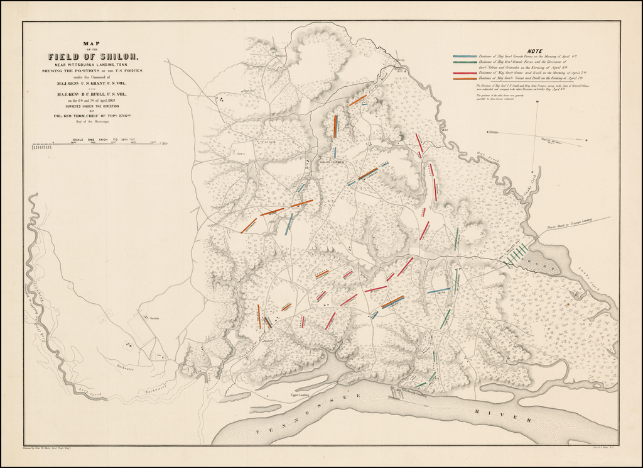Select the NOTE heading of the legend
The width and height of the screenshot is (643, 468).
(536, 51)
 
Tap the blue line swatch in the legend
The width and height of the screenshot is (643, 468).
(465, 57)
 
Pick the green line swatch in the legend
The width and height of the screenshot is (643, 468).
(465, 62)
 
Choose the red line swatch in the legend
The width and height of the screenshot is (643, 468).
(465, 73)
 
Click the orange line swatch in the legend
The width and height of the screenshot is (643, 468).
(465, 79)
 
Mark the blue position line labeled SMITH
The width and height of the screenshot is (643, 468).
(440, 291)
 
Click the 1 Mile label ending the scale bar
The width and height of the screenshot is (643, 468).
(165, 144)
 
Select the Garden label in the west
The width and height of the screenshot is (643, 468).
(154, 318)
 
